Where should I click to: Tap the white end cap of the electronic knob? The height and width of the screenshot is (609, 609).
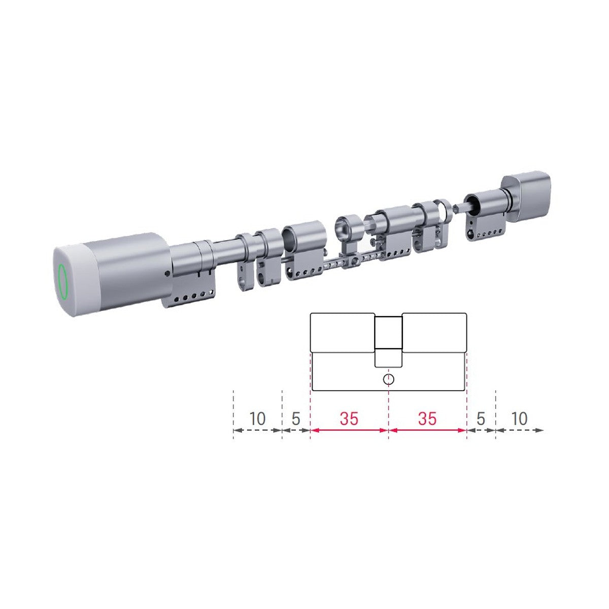coord(76,280)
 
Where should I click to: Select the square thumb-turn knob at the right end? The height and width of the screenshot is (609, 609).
coord(526,196)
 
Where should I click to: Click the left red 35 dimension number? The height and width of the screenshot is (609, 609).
coord(349,419)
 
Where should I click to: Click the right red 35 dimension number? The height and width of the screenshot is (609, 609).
coord(427,419)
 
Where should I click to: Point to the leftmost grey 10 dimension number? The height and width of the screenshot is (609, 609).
coord(257,419)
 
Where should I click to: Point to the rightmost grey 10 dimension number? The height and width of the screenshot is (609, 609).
coord(519,419)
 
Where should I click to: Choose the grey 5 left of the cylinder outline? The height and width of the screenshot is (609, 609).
coord(296,419)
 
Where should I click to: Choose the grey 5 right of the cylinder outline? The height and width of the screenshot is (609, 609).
coord(481,419)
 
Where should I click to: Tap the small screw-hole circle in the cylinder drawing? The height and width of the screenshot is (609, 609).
coord(388,380)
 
